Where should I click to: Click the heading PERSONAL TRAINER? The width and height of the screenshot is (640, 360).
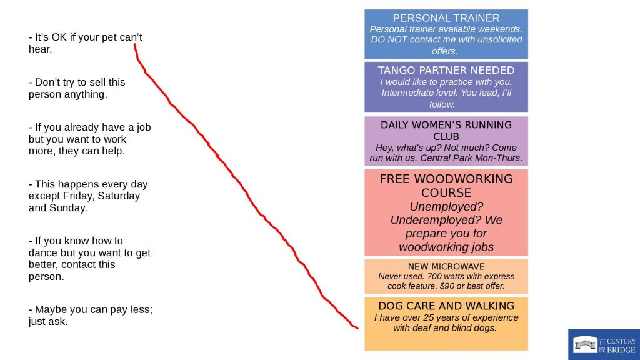[x=446, y=18]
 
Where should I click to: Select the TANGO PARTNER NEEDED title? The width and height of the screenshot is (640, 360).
[x=446, y=70]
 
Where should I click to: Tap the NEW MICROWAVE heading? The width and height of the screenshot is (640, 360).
[x=446, y=266]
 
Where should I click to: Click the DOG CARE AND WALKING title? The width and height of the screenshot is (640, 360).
[x=446, y=306]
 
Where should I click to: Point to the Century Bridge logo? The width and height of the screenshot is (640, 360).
[x=604, y=345]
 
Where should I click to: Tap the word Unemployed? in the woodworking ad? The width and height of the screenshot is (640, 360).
[x=446, y=206]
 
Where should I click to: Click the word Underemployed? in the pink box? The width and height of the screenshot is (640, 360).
[x=436, y=220]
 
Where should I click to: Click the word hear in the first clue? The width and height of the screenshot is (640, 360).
[x=39, y=49]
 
